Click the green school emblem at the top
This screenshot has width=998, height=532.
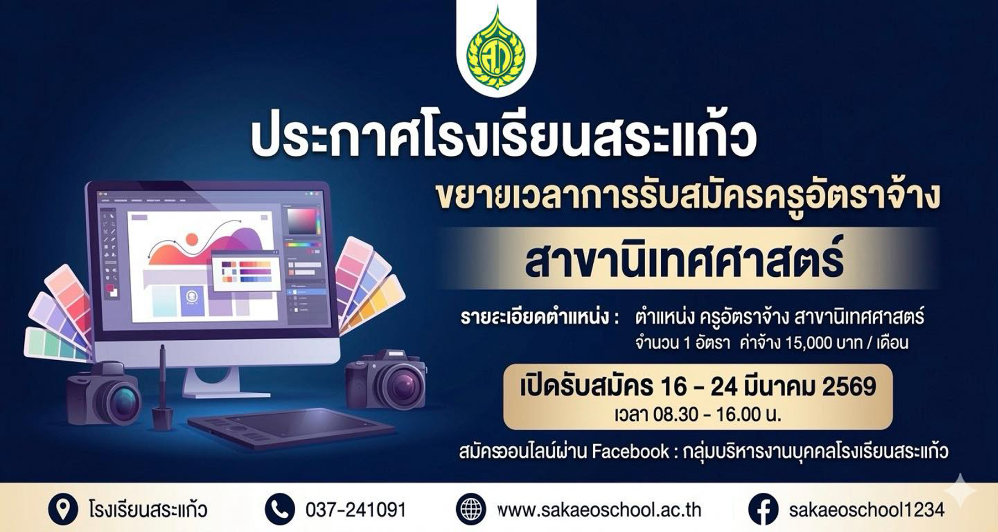tap(496, 47)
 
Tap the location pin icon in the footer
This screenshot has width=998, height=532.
tap(63, 509)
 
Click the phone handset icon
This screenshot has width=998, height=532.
tap(280, 509)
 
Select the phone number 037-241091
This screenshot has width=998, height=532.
tap(356, 509)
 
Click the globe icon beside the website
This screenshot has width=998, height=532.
tap(471, 509)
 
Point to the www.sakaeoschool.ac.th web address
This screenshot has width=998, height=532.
tap(599, 509)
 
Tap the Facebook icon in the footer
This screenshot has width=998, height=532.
tap(763, 509)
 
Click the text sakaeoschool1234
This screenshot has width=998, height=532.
tap(866, 509)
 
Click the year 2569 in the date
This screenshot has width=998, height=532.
tap(849, 387)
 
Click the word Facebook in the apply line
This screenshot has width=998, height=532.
tap(630, 451)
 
